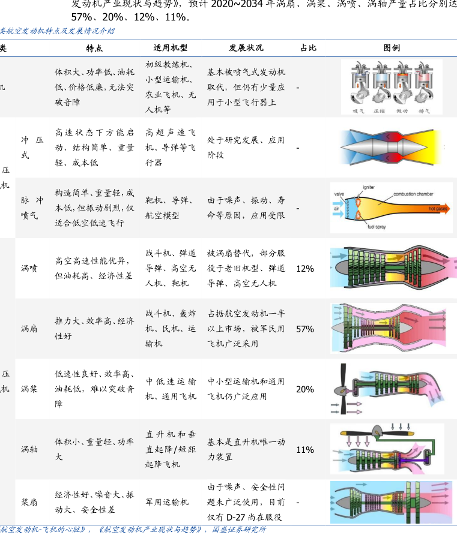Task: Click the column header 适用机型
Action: [171, 48]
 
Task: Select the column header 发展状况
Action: [246, 48]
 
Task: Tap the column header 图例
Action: [392, 48]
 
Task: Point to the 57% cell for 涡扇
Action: [305, 329]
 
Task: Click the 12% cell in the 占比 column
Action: [305, 269]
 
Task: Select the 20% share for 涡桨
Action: [305, 389]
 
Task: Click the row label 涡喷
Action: [29, 269]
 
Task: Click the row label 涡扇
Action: [29, 329]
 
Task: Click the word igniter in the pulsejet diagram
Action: [369, 188]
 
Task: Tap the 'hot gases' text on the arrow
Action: [437, 209]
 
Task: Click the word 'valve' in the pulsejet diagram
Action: [339, 194]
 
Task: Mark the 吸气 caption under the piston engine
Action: [358, 110]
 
